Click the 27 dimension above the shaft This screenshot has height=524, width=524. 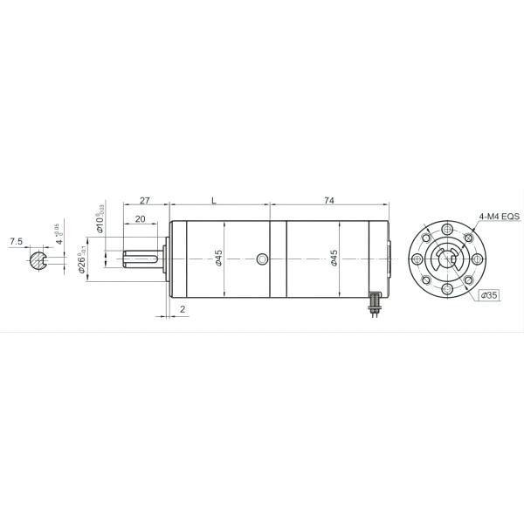pyautogui.click(x=145, y=201)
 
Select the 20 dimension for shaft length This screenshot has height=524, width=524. pyautogui.click(x=140, y=218)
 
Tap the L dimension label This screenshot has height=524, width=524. pyautogui.click(x=214, y=201)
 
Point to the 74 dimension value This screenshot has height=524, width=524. pyautogui.click(x=329, y=201)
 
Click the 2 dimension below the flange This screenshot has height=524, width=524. pyautogui.click(x=182, y=310)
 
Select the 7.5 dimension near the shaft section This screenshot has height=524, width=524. pyautogui.click(x=16, y=240)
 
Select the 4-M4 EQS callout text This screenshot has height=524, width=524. pyautogui.click(x=499, y=216)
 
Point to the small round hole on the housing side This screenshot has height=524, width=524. pyautogui.click(x=264, y=259)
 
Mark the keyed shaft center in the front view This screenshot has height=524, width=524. pyautogui.click(x=447, y=259)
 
